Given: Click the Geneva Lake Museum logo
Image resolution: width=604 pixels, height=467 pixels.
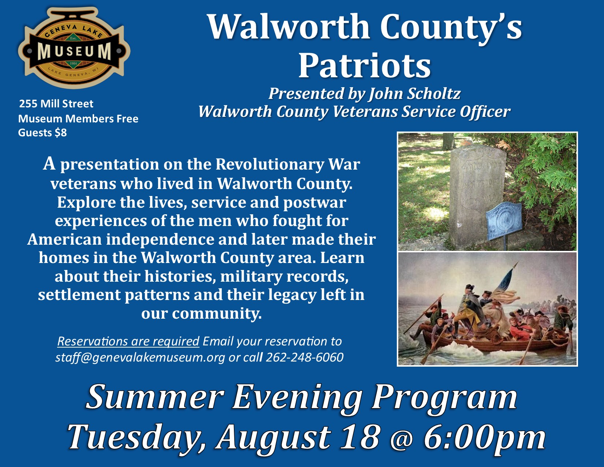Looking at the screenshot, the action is tap(74, 48).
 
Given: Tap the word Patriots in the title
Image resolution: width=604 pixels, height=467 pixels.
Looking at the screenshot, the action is tap(364, 65).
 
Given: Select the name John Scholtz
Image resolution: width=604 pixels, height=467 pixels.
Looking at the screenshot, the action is tap(414, 93).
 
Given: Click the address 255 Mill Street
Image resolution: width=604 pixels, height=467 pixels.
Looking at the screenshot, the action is tap(56, 104).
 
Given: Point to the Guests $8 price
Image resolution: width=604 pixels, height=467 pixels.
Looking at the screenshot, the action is tap(42, 133).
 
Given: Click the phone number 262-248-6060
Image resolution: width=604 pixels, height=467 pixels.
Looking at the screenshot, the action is tap(305, 357).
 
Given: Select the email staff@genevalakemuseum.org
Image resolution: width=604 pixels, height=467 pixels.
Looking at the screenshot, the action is tap(140, 357).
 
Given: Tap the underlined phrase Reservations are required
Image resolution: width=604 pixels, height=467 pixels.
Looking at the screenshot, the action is tap(128, 341).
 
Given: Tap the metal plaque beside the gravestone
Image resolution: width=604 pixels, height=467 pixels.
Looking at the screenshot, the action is tap(503, 221).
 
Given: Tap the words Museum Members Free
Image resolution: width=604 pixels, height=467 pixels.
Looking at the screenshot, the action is tap(78, 119).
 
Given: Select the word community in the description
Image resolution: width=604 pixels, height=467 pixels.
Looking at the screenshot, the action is tap(217, 314).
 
